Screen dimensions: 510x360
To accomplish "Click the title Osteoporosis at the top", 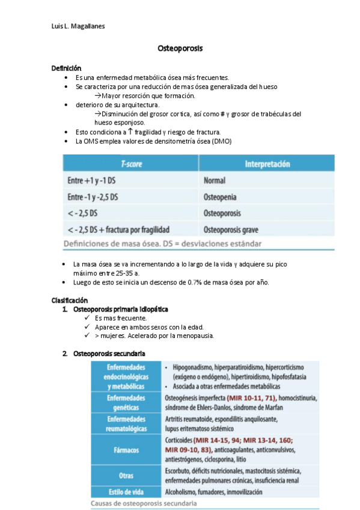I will tap(180, 48).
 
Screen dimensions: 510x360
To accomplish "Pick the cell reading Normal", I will tap(215, 180).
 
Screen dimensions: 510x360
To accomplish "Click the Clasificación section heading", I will tap(70, 300).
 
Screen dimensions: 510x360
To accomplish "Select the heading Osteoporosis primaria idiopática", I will tap(120, 309).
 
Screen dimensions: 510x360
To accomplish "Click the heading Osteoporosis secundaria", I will tap(109, 352).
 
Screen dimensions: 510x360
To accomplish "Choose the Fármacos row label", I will tap(126, 448).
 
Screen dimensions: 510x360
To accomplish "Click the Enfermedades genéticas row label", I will tap(126, 402).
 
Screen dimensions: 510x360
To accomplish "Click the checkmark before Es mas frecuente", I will tap(88, 318).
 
